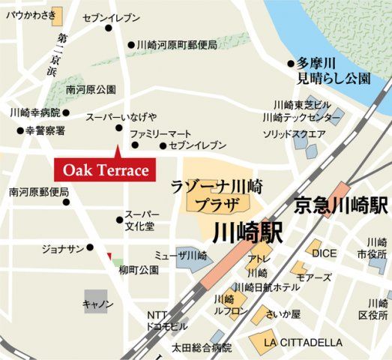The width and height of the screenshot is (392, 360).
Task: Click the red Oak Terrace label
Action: tap(106, 170)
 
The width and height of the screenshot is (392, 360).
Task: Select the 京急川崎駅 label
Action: tap(341, 204)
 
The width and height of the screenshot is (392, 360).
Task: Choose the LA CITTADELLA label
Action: tap(303, 342)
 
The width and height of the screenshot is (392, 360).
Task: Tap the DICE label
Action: tap(325, 253)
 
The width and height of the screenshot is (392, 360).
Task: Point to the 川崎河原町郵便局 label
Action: tap(177, 45)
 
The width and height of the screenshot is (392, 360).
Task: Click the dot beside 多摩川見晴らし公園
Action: tap(291, 64)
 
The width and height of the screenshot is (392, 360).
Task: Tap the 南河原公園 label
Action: tap(91, 89)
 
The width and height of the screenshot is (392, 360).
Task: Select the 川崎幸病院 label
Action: tap(34, 113)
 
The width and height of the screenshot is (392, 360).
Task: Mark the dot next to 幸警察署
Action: tap(20, 130)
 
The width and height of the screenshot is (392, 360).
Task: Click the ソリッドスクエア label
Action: tap(293, 134)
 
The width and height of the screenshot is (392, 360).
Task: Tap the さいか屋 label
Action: tap(286, 313)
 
